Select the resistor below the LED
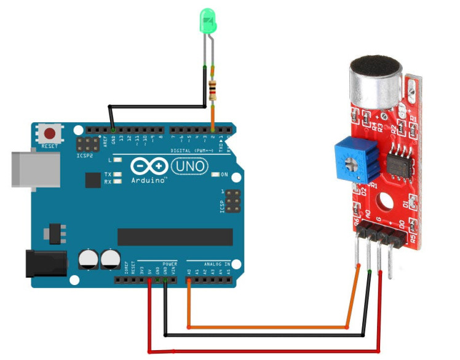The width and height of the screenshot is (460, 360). (213, 90)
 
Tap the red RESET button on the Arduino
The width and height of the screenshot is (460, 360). (50, 133)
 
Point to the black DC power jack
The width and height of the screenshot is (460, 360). (45, 263)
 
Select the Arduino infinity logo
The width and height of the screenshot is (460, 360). (149, 166)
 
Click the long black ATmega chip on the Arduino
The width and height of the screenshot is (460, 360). (175, 237)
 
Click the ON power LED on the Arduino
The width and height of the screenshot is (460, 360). (215, 175)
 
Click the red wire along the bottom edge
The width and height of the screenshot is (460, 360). (264, 352)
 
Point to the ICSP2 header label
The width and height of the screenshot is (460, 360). (84, 156)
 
